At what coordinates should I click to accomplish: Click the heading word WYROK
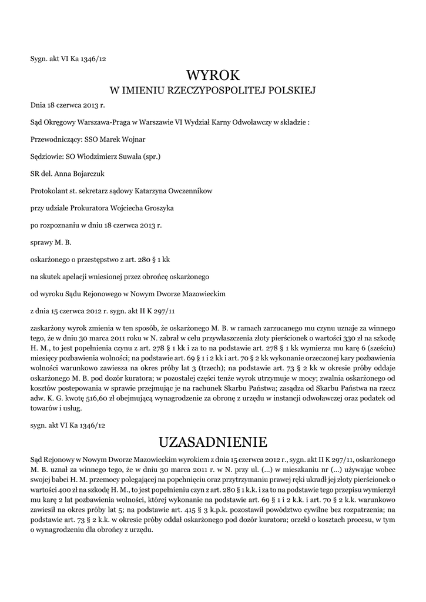pos(213,75)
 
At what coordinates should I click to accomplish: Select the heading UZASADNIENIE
pos(213,442)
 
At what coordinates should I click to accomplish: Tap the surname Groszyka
pos(155,208)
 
